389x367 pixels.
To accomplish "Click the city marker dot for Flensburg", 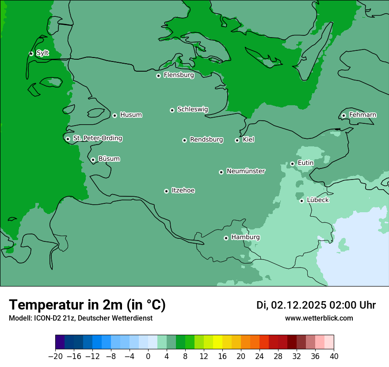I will point(158,76).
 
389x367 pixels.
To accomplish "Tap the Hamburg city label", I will point(245,237).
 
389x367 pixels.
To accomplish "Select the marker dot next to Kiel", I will point(237,140).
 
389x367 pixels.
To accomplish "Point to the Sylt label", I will point(42,53).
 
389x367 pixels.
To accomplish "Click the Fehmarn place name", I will point(362,115).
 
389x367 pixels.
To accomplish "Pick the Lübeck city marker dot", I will point(301,201).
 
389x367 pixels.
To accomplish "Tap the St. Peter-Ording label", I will point(97,138).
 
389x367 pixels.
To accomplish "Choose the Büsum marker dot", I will point(93,160).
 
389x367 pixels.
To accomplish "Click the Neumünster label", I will point(246,171).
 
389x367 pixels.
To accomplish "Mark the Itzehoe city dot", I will point(166,191).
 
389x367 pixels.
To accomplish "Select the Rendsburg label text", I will point(206,140).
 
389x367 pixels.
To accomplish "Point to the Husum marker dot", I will point(114,115).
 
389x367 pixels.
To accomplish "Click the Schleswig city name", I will point(192,109).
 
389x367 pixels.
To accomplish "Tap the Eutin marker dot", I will point(292,164).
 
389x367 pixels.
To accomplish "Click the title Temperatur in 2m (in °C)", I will point(87,305).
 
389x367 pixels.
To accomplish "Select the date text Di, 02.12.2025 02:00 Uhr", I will point(316,305).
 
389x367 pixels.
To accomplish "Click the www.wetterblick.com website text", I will point(319,318).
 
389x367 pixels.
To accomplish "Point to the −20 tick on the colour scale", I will point(55,356).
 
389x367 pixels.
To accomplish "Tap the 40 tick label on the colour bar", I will point(334,356).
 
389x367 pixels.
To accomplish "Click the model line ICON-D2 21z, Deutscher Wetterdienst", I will point(80,318).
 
